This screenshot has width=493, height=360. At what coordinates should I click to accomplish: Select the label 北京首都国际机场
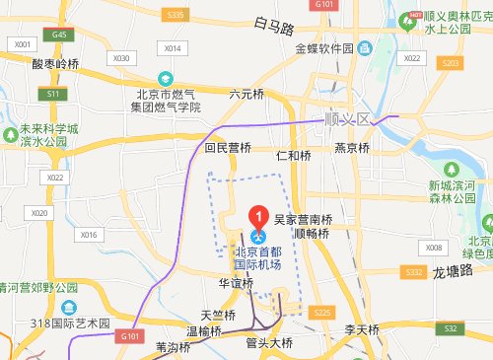click(x=258, y=258)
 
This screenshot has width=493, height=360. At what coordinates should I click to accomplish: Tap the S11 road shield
click(x=53, y=93)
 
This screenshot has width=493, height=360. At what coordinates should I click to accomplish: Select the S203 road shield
click(x=451, y=62)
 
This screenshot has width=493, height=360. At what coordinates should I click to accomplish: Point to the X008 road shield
click(x=436, y=246)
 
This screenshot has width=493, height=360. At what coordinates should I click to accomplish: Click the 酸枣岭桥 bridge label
click(x=54, y=63)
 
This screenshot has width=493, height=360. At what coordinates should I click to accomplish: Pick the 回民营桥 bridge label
click(x=228, y=148)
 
